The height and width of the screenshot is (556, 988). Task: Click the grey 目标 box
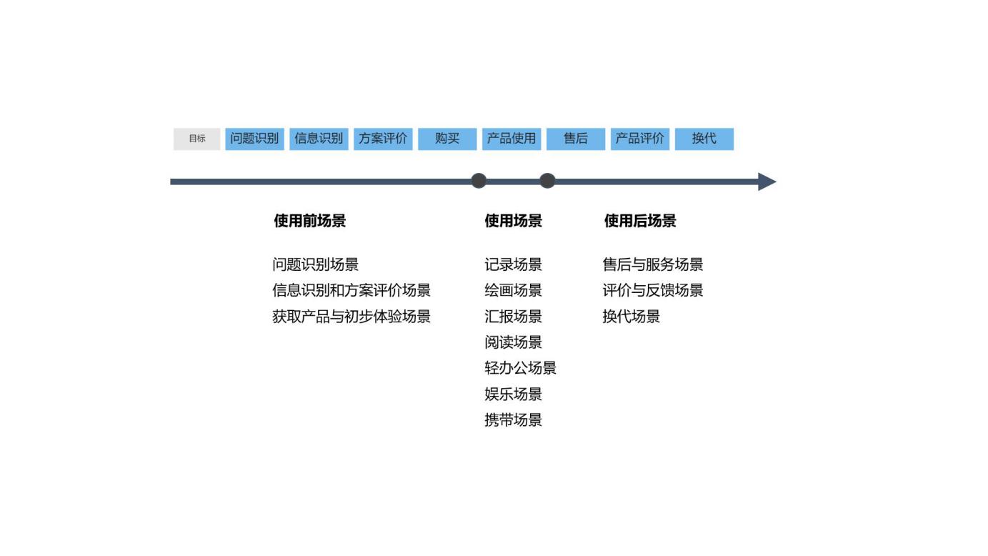click(197, 139)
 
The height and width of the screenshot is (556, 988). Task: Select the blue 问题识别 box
click(254, 139)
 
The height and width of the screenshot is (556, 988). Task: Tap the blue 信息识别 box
click(319, 139)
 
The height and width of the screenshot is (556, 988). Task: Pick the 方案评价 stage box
click(383, 139)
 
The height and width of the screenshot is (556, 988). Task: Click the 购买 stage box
click(447, 139)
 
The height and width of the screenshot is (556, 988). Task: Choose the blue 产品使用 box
click(512, 139)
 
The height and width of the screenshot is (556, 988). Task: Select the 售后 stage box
click(576, 139)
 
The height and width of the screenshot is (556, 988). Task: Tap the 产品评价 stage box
click(640, 139)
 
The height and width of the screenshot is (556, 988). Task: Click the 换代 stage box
click(704, 139)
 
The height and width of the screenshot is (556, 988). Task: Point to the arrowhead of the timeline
click(767, 182)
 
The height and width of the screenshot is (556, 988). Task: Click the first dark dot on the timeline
click(479, 181)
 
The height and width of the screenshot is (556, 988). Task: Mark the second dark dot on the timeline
click(547, 181)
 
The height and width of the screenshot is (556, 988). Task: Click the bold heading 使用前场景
click(310, 221)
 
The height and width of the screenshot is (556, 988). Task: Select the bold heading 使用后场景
click(640, 221)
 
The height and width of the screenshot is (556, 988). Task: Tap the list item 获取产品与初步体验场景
click(351, 317)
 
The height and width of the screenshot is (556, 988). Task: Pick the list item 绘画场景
click(513, 290)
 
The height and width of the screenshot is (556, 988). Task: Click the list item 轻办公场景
click(520, 368)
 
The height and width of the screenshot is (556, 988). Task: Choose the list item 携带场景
click(513, 420)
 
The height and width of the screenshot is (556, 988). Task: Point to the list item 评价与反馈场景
click(653, 290)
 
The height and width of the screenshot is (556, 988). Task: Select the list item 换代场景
click(631, 317)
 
